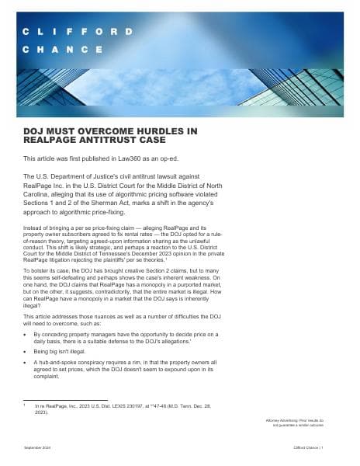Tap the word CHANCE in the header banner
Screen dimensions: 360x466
pos(62,49)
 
